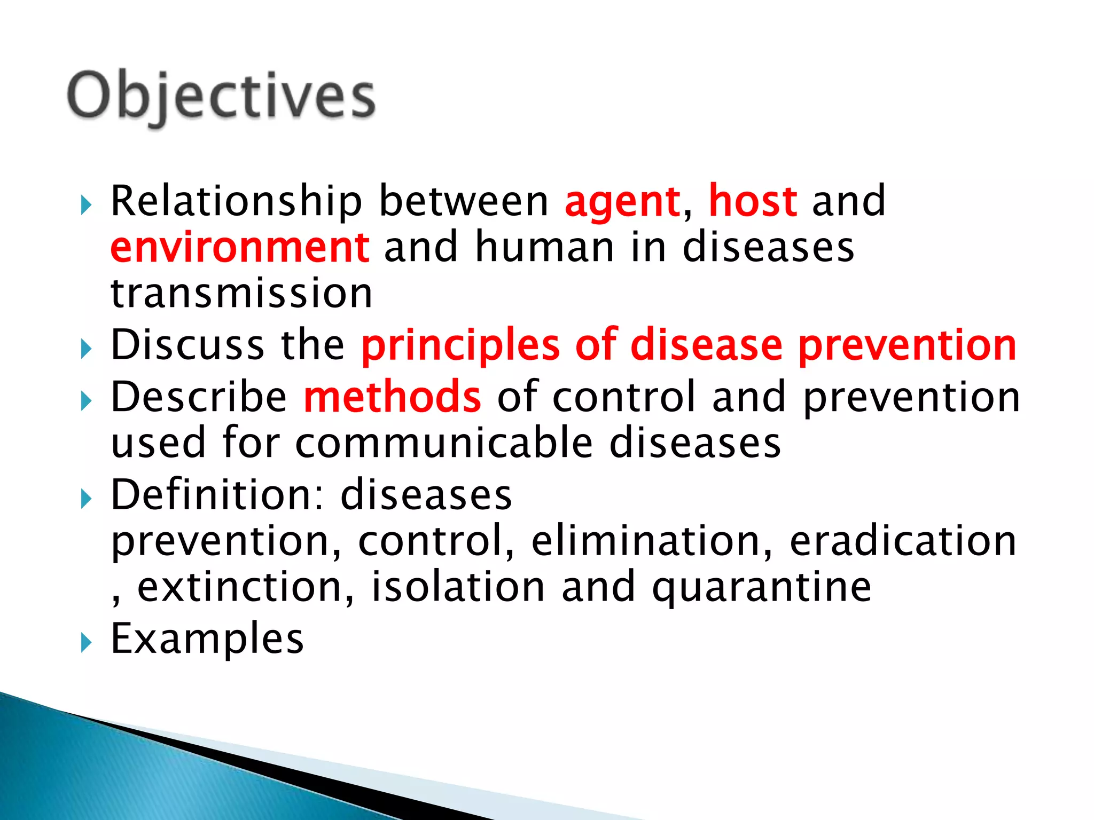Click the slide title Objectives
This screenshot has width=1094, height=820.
[221, 97]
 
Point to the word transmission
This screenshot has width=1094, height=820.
[241, 294]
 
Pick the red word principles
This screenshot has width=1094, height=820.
[460, 346]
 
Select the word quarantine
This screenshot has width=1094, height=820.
[762, 588]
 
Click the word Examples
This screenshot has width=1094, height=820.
[207, 639]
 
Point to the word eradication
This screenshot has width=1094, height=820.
[903, 541]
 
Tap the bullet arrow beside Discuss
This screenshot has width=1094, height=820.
[86, 349]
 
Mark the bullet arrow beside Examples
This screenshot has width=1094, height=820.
[86, 643]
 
